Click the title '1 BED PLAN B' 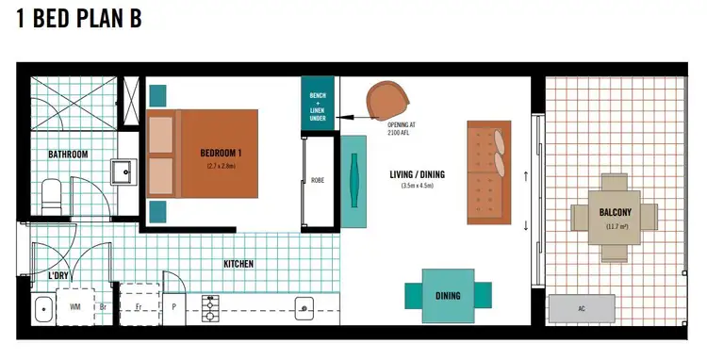coord(79,20)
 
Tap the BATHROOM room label coord(68,155)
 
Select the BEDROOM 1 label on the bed coord(221,153)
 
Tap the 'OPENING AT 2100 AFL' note coord(403,129)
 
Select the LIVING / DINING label coord(417,174)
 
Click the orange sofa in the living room coord(487,172)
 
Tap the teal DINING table coord(448,295)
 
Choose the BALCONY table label coord(615,211)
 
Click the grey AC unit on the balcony coord(582,308)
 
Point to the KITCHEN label coord(238,265)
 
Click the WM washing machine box coord(74,307)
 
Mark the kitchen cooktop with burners coord(209,307)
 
